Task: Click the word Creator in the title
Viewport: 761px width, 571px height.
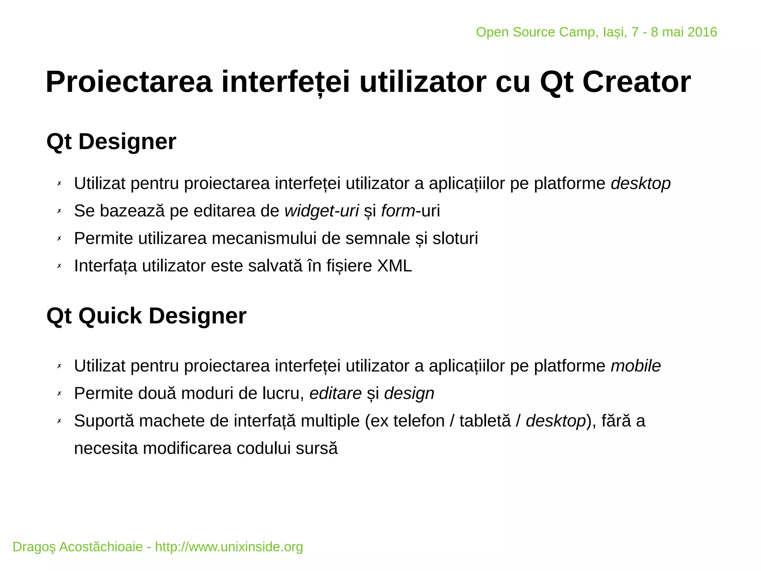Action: tap(636, 82)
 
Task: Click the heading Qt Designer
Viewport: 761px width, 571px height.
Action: tap(111, 142)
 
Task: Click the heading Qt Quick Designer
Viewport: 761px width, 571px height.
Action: tap(146, 316)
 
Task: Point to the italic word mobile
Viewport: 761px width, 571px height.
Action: tap(635, 366)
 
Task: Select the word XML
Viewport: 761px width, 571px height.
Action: tap(394, 266)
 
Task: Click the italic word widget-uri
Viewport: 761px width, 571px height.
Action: tap(321, 211)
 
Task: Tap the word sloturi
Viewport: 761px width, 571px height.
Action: tap(455, 238)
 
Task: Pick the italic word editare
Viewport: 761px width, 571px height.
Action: tap(335, 394)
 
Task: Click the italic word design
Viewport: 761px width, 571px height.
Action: tap(409, 394)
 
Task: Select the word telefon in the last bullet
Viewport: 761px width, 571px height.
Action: tap(419, 421)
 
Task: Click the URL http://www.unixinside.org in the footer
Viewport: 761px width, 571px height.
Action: tap(229, 547)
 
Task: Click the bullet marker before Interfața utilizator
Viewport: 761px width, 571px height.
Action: tap(59, 266)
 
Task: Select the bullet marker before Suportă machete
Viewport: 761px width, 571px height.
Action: tap(59, 421)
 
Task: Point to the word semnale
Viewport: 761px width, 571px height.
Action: tap(377, 238)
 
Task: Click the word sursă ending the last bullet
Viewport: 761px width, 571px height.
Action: tap(317, 449)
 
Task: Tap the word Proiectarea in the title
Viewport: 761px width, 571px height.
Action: tap(129, 82)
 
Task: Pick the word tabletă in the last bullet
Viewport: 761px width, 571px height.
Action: tap(485, 421)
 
